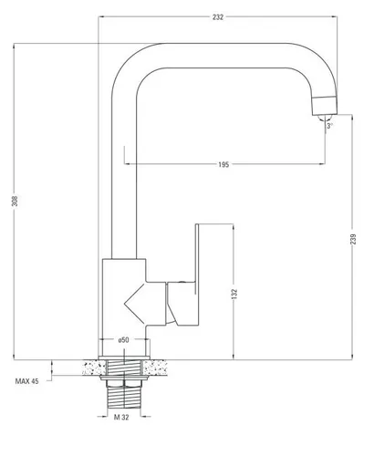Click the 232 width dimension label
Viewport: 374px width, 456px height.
(x=218, y=17)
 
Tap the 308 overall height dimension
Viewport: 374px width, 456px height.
(x=15, y=201)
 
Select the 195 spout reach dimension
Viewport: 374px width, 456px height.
(x=223, y=164)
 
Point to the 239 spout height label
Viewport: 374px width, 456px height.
(x=353, y=239)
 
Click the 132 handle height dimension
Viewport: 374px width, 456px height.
(x=234, y=294)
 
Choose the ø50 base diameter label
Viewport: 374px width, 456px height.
(x=124, y=340)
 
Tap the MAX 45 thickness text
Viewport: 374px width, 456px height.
(x=27, y=381)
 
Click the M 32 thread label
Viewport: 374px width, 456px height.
(x=121, y=417)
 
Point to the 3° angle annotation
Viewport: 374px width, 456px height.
(x=329, y=126)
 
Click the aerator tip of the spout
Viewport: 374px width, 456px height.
(x=325, y=106)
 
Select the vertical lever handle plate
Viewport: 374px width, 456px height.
(x=197, y=275)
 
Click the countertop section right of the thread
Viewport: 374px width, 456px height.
(x=155, y=368)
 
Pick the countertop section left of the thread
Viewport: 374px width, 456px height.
(x=94, y=368)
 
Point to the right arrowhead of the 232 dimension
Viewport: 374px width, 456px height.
(x=335, y=17)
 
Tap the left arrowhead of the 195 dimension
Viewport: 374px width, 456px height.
(x=127, y=164)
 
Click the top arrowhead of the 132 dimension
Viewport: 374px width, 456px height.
(x=234, y=227)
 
